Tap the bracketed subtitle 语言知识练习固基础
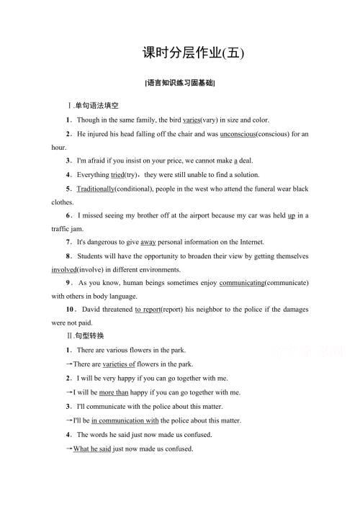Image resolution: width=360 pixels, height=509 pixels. [180, 83]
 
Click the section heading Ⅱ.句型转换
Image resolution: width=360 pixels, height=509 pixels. [85, 336]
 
